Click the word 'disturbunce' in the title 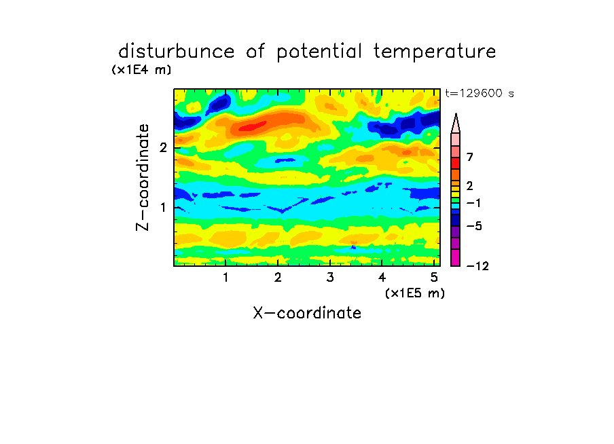click(176, 51)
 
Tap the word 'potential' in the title click(319, 52)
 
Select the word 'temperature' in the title click(435, 52)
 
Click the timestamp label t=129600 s click(480, 93)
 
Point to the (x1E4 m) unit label click(141, 70)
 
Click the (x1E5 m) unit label click(415, 293)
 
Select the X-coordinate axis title click(307, 313)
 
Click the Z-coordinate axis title click(143, 177)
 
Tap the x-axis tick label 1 click(225, 277)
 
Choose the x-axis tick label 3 click(330, 277)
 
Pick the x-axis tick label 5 click(434, 277)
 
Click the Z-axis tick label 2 click(163, 147)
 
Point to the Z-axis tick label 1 click(163, 207)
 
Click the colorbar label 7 click(470, 157)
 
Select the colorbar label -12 click(477, 266)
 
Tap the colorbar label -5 click(474, 226)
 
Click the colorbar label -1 click(473, 203)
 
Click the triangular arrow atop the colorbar click(456, 124)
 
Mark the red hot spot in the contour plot click(252, 126)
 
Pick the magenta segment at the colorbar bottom click(456, 257)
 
